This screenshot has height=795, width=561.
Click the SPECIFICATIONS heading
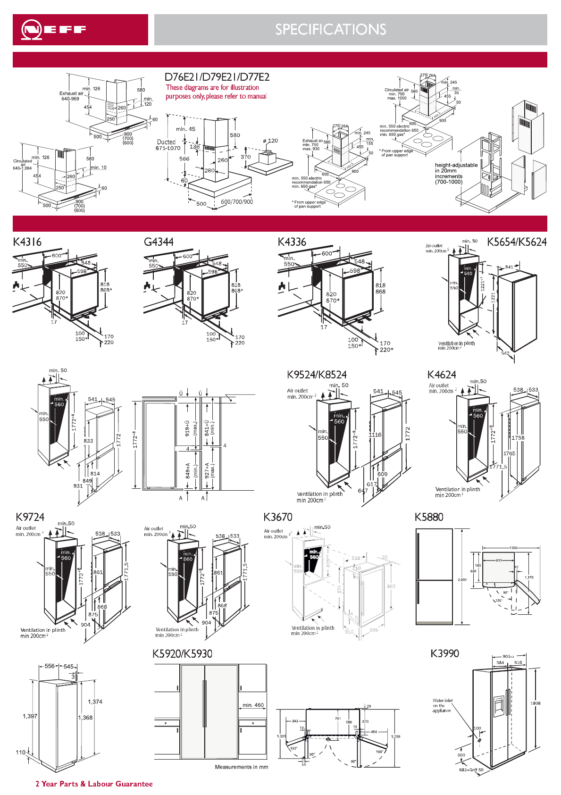331,30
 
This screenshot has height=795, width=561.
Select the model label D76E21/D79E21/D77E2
217,77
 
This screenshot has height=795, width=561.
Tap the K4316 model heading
27,242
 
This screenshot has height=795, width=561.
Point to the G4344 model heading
159,242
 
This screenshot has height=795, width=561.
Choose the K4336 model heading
292,242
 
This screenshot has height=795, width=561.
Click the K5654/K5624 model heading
517,242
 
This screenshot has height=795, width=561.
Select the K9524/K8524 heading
317,375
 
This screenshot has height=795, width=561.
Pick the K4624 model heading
442,375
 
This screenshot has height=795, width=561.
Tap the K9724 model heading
30,517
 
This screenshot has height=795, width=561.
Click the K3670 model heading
278,517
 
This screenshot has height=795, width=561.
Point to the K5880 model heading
429,517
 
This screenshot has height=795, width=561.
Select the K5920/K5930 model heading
182,654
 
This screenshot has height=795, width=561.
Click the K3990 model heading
444,653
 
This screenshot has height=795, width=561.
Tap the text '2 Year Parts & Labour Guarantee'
94,784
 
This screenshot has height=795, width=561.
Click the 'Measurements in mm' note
242,767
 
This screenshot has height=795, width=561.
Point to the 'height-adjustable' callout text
456,165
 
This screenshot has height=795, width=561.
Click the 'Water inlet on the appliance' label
442,705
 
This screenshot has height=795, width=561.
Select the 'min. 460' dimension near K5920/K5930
253,705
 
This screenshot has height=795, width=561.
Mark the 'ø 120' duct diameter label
270,141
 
